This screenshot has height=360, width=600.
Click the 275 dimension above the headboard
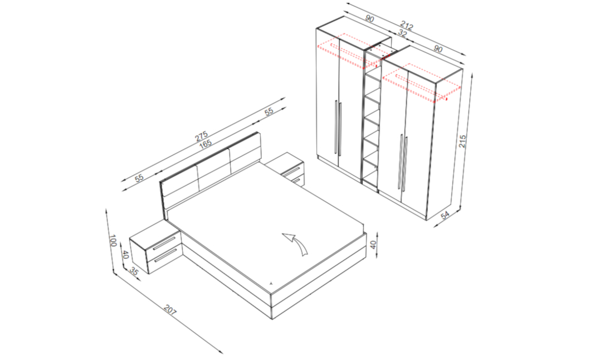click(x=201, y=136)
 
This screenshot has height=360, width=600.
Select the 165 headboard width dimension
click(x=205, y=144)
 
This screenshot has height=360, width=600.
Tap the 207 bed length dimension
click(x=170, y=309)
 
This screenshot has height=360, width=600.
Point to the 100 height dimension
click(x=112, y=241)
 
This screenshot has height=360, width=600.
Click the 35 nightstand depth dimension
click(x=134, y=271)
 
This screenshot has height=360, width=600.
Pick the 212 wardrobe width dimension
click(x=406, y=26)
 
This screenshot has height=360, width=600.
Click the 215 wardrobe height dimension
click(x=462, y=142)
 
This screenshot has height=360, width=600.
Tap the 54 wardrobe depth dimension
click(x=445, y=216)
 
